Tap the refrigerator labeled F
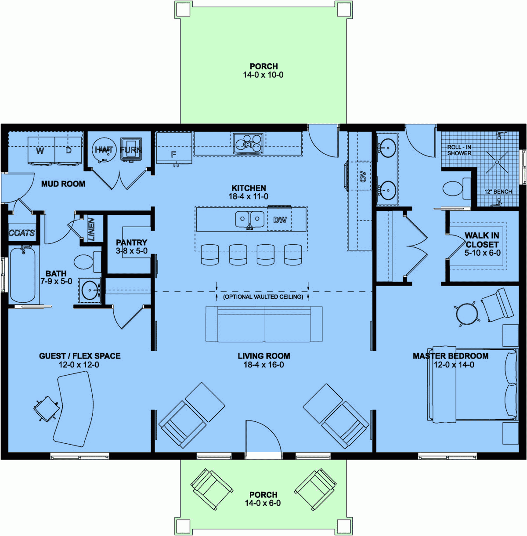(x=174, y=149)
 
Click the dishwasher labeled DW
(x=280, y=220)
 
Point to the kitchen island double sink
(x=249, y=219)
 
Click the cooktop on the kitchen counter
(x=248, y=144)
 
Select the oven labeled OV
(x=362, y=176)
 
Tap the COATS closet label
(x=22, y=233)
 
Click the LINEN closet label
(x=91, y=229)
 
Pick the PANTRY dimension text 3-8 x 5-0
(x=132, y=251)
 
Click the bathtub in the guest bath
(x=22, y=275)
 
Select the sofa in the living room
(x=264, y=324)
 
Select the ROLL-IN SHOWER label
(x=459, y=150)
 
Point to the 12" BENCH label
(x=498, y=192)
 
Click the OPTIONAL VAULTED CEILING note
(x=263, y=297)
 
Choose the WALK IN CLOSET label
(x=482, y=240)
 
